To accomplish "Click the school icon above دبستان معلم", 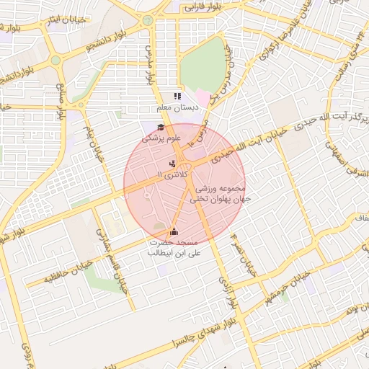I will pyautogui.click(x=177, y=96).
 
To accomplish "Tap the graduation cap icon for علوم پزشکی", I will pyautogui.click(x=150, y=128).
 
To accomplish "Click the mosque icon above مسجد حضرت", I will pyautogui.click(x=173, y=232).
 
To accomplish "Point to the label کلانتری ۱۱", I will pyautogui.click(x=172, y=175).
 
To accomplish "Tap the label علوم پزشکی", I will pyautogui.click(x=162, y=137).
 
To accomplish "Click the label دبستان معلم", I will pyautogui.click(x=177, y=107).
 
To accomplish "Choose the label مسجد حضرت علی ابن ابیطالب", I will pyautogui.click(x=174, y=248).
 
